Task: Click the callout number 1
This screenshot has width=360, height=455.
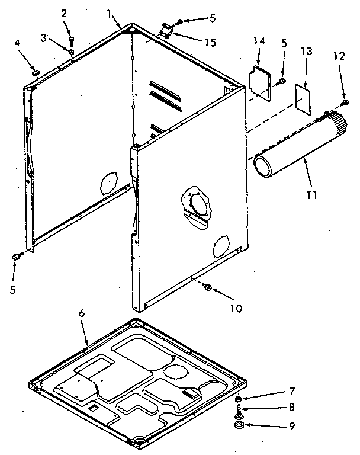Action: point(109,12)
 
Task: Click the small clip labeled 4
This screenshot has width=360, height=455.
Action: point(36,72)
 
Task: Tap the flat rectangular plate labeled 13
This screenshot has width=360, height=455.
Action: point(304,95)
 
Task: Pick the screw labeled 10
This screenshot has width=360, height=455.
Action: point(207,287)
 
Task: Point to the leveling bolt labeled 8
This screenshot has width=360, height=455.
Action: point(238,411)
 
